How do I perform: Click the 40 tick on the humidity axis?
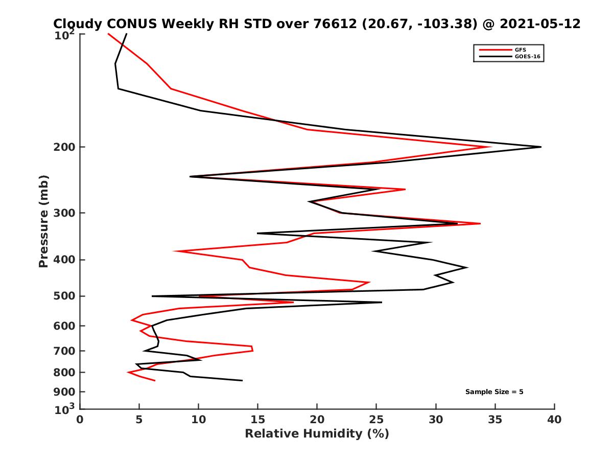554,420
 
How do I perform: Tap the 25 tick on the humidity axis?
376,420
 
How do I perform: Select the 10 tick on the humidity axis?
199,420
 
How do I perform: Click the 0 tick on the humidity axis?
80,420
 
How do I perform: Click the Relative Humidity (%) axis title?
317,434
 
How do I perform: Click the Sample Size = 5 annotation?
494,392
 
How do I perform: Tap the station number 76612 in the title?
338,24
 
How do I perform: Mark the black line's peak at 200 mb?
540,147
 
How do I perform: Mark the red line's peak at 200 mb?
490,147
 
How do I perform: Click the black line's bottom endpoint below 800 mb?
242,380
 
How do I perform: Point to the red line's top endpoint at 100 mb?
108,34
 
